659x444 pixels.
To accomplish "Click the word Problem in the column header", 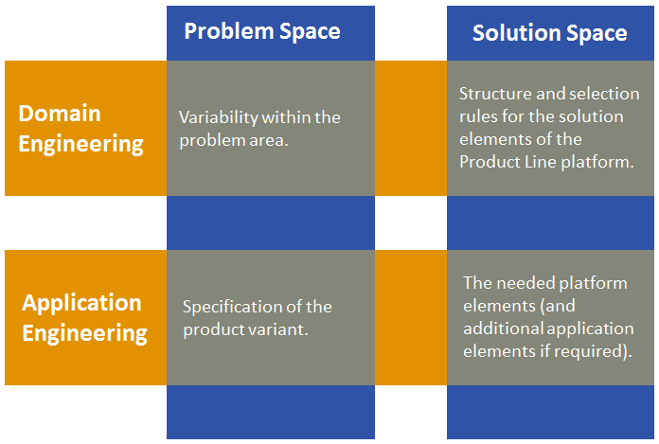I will click(222, 31).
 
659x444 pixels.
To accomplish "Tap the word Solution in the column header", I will click(515, 33).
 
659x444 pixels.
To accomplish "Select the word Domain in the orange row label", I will click(59, 114).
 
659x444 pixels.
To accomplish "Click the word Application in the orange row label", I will click(81, 303).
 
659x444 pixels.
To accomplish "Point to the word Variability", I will click(217, 117).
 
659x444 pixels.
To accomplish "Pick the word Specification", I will click(231, 307).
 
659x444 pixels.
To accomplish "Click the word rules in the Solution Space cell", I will click(478, 116).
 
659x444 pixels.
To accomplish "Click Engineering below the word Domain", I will click(81, 144).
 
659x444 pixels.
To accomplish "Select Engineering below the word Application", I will click(85, 333).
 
